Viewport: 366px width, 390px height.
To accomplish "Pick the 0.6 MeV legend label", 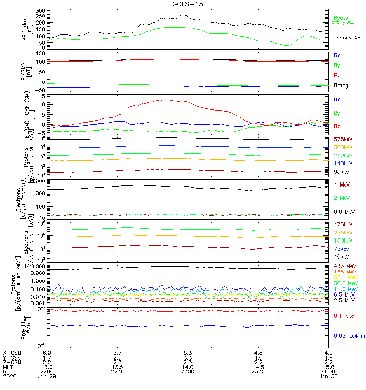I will coord(344,212).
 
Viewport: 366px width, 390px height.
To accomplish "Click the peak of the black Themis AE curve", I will coord(183,15).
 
